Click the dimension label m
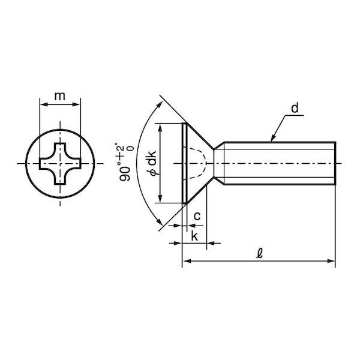(59, 97)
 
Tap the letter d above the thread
(295, 108)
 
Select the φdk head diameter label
(152, 163)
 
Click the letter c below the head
(197, 216)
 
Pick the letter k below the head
(194, 236)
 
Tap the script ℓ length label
(260, 253)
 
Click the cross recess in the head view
(60, 163)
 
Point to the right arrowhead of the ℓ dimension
(332, 261)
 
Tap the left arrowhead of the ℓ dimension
(187, 261)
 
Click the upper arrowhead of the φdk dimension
(160, 128)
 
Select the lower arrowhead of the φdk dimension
(160, 199)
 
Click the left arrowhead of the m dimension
(44, 104)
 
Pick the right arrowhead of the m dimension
(76, 104)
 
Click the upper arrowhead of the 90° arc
(160, 105)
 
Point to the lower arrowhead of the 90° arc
(160, 222)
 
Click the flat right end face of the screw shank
(335, 163)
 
